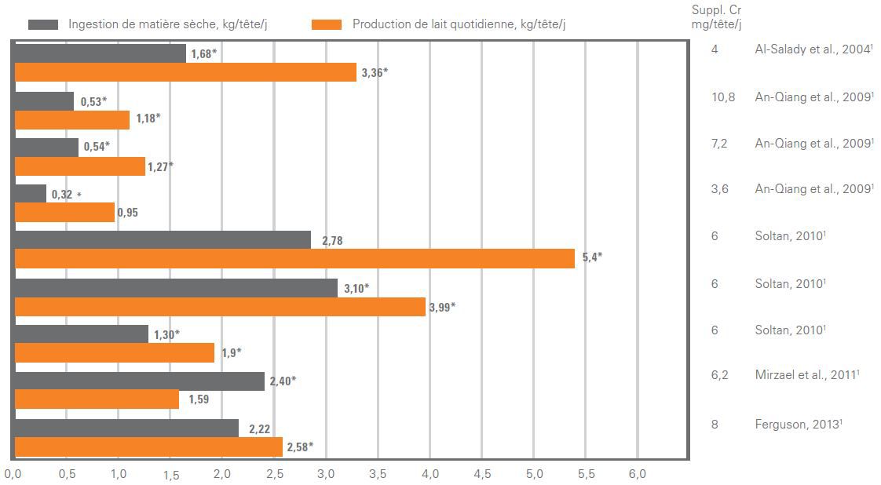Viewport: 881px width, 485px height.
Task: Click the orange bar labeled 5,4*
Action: coord(294,258)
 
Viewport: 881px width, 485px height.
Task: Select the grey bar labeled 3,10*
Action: coord(177,287)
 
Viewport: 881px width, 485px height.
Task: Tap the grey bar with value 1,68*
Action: coord(100,53)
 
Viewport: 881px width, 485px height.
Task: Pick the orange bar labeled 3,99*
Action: coord(220,306)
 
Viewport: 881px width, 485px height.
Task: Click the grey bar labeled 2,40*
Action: coord(139,381)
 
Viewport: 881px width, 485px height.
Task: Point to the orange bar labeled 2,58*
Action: coord(148,447)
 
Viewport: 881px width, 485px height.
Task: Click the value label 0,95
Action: coord(126,213)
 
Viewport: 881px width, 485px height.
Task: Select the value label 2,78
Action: coord(331,241)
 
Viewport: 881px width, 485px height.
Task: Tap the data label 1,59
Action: coord(196,399)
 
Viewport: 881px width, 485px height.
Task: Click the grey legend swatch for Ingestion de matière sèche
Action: coord(44,24)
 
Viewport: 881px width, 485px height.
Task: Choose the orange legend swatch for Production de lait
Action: coord(326,24)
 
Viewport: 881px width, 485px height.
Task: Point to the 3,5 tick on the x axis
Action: coord(378,474)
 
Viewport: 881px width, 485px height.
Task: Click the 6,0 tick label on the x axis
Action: coord(637,474)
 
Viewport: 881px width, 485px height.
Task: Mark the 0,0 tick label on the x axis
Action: coord(13,474)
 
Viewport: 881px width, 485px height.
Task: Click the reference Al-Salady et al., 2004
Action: coord(813,49)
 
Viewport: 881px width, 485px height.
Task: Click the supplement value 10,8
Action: coord(722,97)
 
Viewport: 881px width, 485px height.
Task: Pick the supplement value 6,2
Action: coord(719,375)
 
